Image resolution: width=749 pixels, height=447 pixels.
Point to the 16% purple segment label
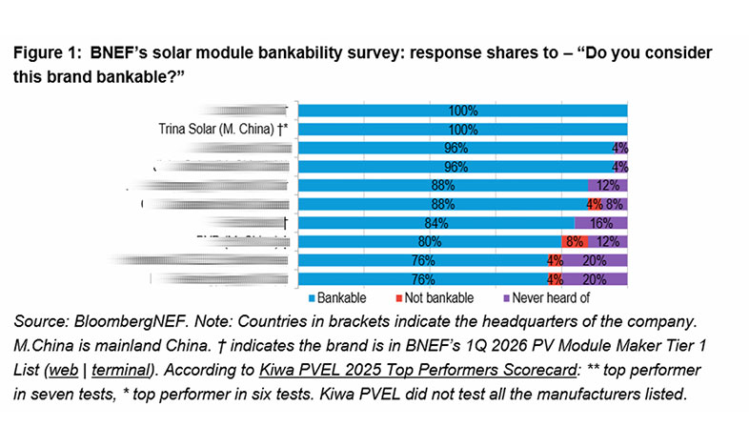point(600,222)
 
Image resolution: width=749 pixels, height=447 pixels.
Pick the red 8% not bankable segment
point(575,241)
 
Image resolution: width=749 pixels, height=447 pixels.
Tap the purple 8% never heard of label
point(616,204)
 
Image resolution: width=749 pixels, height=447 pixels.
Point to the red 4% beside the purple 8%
point(594,204)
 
